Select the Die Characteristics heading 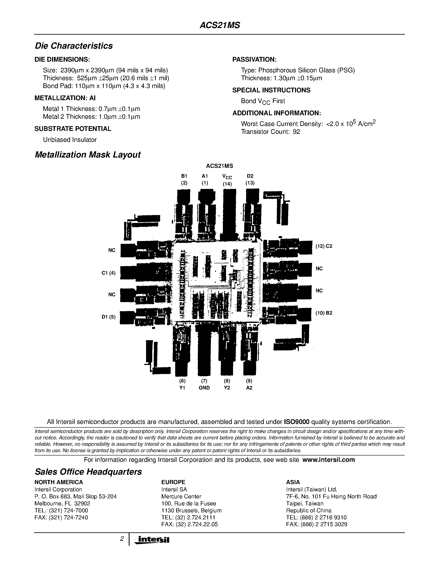pyautogui.click(x=74, y=46)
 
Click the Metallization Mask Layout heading pyautogui.click(x=87, y=155)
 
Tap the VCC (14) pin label pyautogui.click(x=227, y=180)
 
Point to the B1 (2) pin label pyautogui.click(x=184, y=179)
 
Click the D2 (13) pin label pyautogui.click(x=250, y=179)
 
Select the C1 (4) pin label pyautogui.click(x=108, y=273)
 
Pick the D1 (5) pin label pyautogui.click(x=108, y=317)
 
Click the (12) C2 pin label pyautogui.click(x=324, y=246)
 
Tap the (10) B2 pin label pyautogui.click(x=324, y=313)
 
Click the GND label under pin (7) pyautogui.click(x=204, y=388)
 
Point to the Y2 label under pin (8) pyautogui.click(x=227, y=388)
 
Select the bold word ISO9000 pyautogui.click(x=296, y=422)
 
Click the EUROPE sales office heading pyautogui.click(x=173, y=482)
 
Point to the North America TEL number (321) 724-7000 pyautogui.click(x=61, y=511)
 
